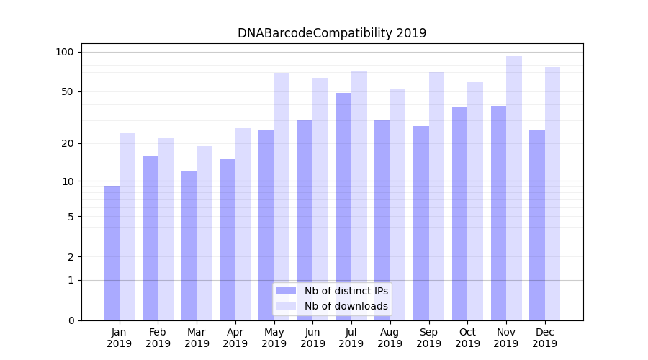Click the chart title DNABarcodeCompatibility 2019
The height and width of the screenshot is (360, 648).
(x=332, y=33)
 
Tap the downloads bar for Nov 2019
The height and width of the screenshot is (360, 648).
(x=514, y=188)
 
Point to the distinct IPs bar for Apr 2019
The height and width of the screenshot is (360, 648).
(x=228, y=240)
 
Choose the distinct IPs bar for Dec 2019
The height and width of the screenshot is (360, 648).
(x=537, y=225)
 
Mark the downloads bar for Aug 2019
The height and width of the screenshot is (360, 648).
(x=398, y=204)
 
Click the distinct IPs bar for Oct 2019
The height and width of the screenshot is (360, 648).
(x=459, y=214)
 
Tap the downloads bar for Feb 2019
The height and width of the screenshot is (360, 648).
(x=166, y=229)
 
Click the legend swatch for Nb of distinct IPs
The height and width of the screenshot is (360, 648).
(x=286, y=291)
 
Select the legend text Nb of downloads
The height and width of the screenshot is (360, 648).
(x=346, y=306)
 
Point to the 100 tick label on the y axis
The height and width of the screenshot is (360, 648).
(x=65, y=52)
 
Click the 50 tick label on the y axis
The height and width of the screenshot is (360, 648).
(x=68, y=91)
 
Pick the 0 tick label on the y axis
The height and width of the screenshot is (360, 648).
(x=71, y=320)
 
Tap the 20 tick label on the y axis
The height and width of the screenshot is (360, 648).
(x=68, y=143)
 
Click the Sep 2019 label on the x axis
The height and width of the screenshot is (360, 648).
(x=428, y=338)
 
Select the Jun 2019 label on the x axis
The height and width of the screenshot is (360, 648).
(x=312, y=338)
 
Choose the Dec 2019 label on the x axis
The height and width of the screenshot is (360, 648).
(x=544, y=338)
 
